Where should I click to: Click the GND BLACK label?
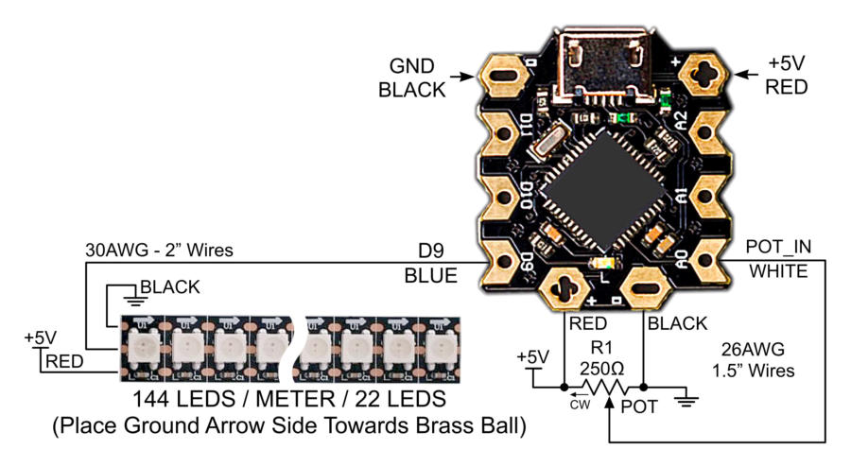click(x=412, y=78)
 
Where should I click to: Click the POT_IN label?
click(x=778, y=247)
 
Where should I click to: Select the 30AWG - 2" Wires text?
click(x=153, y=251)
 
